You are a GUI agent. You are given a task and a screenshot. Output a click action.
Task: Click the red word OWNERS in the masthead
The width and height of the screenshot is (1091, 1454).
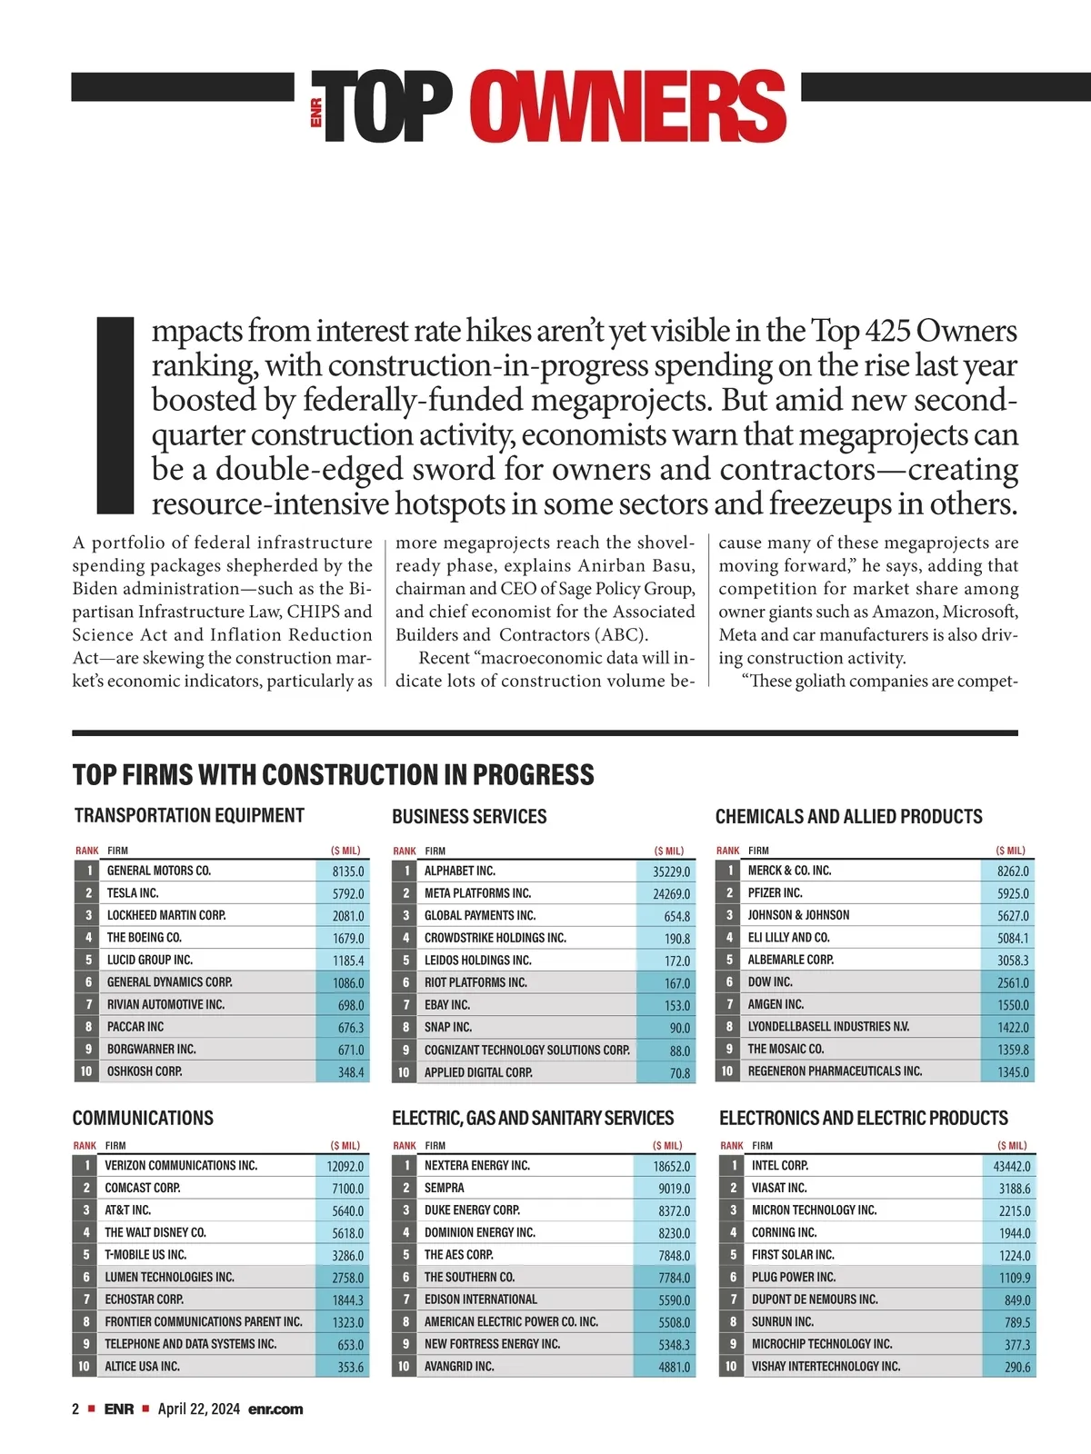[628, 107]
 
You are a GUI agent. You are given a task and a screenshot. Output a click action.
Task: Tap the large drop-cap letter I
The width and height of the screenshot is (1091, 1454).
[115, 414]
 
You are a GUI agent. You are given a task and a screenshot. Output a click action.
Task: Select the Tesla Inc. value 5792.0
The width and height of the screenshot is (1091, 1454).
[347, 893]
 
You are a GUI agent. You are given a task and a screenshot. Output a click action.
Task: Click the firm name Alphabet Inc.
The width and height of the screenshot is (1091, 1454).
[460, 871]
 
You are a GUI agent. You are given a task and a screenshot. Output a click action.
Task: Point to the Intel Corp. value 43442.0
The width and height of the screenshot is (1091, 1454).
[1011, 1166]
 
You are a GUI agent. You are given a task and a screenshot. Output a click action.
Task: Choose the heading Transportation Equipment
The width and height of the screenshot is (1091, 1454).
[189, 815]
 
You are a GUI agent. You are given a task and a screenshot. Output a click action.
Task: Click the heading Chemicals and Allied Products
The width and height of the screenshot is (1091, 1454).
[848, 816]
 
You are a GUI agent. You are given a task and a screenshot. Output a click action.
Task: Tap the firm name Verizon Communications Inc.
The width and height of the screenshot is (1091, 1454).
[181, 1165]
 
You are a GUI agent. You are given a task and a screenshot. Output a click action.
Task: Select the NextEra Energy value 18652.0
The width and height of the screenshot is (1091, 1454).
[671, 1166]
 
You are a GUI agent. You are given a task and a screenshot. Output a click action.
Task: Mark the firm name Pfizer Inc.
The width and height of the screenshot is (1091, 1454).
[775, 892]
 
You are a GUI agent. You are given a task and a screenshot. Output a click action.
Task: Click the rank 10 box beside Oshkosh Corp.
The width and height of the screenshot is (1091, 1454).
[86, 1071]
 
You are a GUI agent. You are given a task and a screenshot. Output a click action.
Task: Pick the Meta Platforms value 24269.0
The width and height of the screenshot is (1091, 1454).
[671, 893]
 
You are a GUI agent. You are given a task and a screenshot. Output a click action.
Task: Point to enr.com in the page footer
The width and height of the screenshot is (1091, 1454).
[275, 1409]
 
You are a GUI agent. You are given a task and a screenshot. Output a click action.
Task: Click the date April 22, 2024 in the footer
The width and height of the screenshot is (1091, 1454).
[199, 1409]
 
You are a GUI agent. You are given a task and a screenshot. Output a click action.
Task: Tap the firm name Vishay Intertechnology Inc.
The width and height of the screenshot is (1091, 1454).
[826, 1366]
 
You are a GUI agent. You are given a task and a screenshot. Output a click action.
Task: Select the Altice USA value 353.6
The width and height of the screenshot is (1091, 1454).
[350, 1367]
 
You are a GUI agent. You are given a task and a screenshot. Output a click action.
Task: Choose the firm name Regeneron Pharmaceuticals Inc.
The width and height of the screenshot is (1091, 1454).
[835, 1071]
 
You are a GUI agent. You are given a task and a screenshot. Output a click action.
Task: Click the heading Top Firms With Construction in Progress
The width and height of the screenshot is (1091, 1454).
[333, 774]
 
